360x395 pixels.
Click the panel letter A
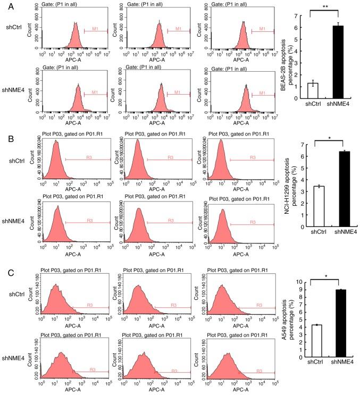tap(5, 5)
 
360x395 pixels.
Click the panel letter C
tap(5, 275)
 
